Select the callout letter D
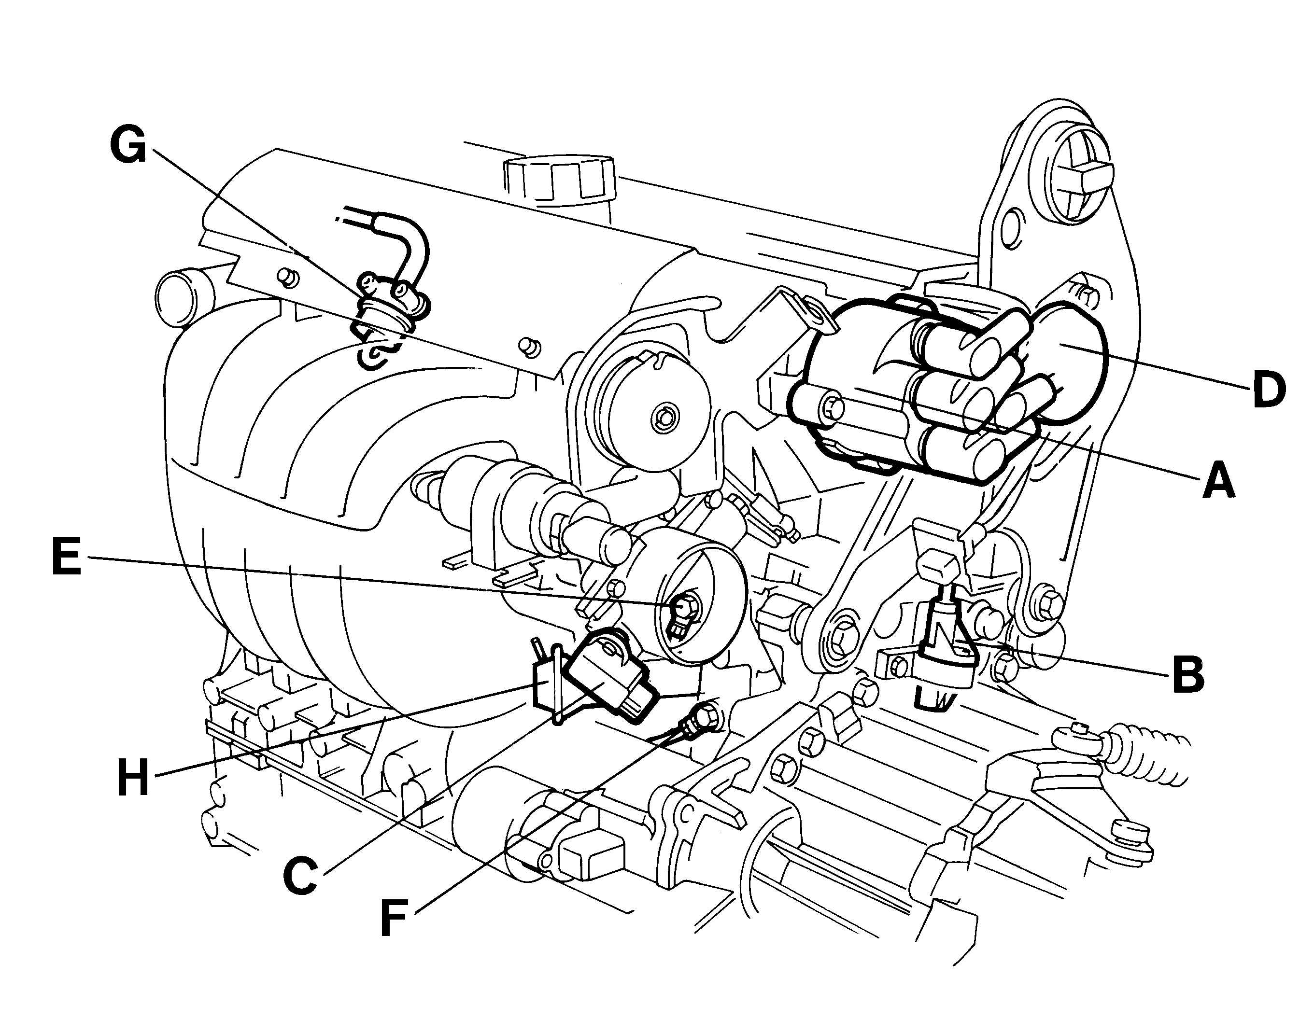tap(1269, 390)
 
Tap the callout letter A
tap(1219, 479)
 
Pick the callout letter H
tap(133, 778)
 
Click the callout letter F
tap(394, 919)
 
